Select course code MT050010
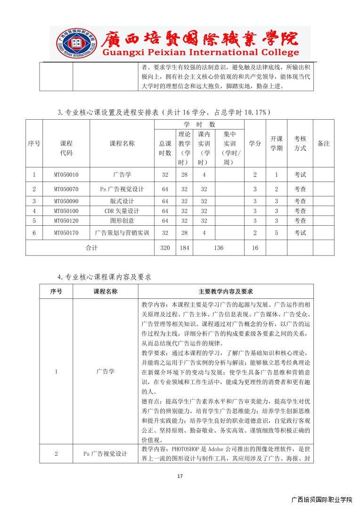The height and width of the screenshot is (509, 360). click(66, 175)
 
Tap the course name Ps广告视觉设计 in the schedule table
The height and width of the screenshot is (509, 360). click(122, 189)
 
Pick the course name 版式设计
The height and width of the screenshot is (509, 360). click(122, 201)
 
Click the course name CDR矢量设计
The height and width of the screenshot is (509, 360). click(122, 211)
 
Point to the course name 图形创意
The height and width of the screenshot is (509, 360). click(122, 221)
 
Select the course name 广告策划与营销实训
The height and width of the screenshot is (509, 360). click(122, 233)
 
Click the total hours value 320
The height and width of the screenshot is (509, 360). click(165, 248)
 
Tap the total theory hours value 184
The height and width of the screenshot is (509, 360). click(184, 248)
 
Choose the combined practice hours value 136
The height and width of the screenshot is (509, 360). click(219, 248)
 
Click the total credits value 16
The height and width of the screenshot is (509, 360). click(255, 248)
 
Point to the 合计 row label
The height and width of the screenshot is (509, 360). click(91, 248)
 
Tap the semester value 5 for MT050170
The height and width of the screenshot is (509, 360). click(277, 233)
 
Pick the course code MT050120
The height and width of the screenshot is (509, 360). click(66, 221)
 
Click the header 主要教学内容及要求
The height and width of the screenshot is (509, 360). click(226, 292)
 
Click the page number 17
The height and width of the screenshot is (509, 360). click(180, 476)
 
